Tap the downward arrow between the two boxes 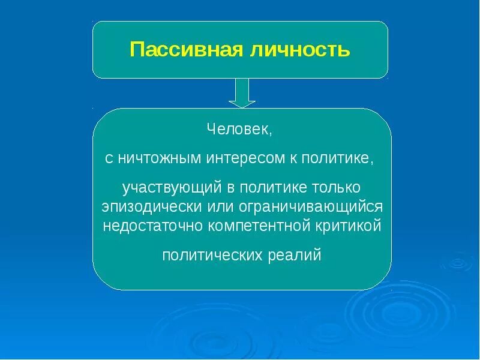242,93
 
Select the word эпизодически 143,207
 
